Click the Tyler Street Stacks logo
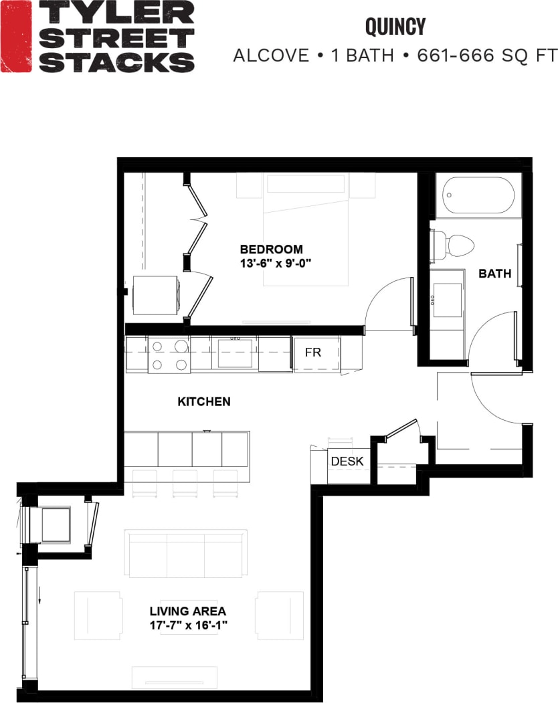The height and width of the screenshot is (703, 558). point(98,36)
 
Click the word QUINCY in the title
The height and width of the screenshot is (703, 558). point(395,27)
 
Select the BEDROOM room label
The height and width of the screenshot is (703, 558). point(271,249)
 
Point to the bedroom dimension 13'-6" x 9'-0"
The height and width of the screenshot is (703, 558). point(276,263)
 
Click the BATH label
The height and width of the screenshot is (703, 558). point(494,274)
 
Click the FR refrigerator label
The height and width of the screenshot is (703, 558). point(313,352)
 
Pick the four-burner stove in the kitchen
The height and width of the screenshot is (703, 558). point(169,355)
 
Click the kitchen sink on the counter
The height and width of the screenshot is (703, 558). point(235,353)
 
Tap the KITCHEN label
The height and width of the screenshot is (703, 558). point(204,402)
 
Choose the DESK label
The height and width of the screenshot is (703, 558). point(347,462)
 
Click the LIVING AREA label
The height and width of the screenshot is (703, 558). point(187,611)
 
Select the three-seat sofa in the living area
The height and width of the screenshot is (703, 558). point(185,555)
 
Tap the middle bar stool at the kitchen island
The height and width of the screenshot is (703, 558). point(185,484)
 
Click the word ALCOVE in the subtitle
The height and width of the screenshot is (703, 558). point(270,56)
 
